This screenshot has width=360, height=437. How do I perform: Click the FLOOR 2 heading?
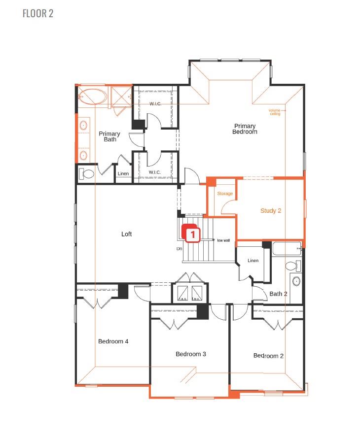click(38, 13)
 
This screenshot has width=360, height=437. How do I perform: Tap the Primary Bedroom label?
click(245, 129)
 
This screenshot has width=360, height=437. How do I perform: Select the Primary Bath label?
click(109, 136)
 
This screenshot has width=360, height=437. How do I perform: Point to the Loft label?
click(127, 234)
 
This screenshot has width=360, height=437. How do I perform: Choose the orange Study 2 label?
click(271, 210)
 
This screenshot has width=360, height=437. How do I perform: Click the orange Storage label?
click(225, 194)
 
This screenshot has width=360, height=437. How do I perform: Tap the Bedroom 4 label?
click(113, 341)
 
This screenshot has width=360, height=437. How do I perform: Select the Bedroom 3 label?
click(191, 354)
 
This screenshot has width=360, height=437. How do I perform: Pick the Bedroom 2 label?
click(268, 356)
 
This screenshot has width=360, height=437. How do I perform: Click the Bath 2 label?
click(278, 294)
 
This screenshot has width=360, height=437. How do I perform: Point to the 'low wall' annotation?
click(223, 240)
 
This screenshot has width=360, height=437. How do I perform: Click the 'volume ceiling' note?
click(275, 112)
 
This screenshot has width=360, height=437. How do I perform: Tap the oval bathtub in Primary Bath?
click(93, 97)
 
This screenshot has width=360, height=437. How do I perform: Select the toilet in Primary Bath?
click(87, 173)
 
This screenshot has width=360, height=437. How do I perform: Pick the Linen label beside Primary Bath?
click(123, 174)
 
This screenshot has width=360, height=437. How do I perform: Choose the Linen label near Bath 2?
click(253, 261)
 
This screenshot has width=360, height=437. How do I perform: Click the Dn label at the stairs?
click(180, 249)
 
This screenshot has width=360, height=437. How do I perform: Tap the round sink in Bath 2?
click(296, 282)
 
